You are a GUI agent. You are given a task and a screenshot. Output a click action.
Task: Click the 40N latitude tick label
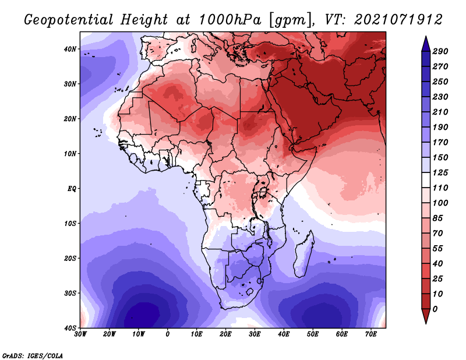tap(70, 49)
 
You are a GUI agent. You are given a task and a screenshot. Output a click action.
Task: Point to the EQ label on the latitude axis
tap(72, 189)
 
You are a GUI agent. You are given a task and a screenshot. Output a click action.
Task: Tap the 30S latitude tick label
tap(70, 294)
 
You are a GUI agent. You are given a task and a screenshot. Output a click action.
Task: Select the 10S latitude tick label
tap(70, 224)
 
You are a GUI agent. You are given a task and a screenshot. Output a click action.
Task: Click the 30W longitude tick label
tap(80, 334)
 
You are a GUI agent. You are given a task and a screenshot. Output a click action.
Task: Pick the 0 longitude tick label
tap(168, 334)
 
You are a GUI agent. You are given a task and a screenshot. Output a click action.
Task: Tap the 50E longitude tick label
tap(313, 334)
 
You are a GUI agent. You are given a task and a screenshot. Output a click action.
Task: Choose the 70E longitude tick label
tap(371, 334)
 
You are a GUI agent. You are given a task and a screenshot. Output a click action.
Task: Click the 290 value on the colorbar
tap(440, 52)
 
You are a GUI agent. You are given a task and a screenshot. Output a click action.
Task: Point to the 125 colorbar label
tap(440, 173)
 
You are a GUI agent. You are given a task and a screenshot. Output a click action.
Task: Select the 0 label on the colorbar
tap(435, 309)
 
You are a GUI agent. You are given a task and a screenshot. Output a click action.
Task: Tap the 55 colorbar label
tap(438, 249)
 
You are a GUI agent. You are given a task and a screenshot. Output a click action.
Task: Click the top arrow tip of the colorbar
tap(426, 36)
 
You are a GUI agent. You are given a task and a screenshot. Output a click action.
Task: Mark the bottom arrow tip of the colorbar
tap(426, 323)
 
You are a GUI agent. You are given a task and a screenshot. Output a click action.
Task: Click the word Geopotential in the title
tap(69, 20)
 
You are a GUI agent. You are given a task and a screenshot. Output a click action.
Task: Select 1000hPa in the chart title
tap(230, 20)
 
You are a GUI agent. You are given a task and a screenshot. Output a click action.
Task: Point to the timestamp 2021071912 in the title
tap(398, 20)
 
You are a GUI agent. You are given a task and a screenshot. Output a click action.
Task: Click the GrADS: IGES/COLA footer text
tap(33, 356)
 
